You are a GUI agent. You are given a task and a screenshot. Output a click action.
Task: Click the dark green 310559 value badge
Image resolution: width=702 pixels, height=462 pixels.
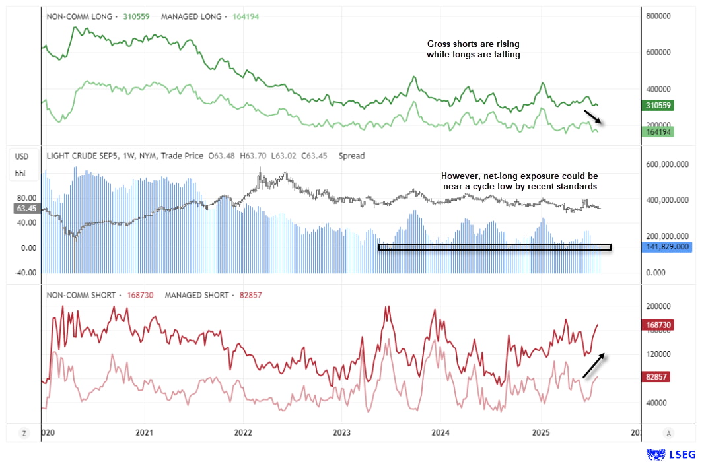[660, 106]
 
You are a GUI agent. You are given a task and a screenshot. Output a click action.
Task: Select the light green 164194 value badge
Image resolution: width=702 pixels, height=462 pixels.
[660, 132]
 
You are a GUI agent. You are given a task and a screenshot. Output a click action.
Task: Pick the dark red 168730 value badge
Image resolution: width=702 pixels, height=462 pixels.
[660, 325]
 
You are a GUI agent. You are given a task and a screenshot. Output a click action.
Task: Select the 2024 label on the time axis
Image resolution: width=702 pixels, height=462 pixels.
[440, 433]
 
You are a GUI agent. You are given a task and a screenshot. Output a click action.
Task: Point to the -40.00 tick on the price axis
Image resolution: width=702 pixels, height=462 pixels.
[25, 272]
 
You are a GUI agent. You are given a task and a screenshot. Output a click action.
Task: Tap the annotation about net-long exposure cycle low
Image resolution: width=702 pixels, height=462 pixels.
[519, 181]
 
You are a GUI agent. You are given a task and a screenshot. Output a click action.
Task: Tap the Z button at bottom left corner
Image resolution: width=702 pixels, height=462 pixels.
[24, 433]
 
